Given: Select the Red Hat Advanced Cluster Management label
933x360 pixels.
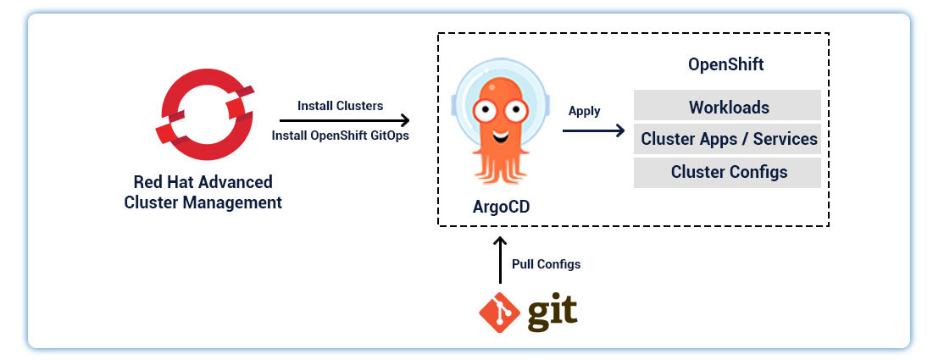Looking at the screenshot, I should point(203,192).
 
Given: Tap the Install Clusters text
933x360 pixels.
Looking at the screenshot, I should point(340,106).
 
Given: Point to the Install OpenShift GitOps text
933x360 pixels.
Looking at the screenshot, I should point(340,136).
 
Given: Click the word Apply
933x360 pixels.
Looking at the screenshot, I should point(584,111).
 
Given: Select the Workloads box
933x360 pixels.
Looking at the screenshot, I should point(728,107).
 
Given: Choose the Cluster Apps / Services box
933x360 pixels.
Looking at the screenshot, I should point(728,139).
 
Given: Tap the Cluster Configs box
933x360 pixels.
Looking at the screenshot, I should point(728,172).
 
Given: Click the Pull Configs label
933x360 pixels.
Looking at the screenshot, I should point(546,264).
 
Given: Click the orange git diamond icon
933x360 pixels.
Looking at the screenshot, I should point(499,313).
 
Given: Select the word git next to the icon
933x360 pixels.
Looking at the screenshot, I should point(552,313).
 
